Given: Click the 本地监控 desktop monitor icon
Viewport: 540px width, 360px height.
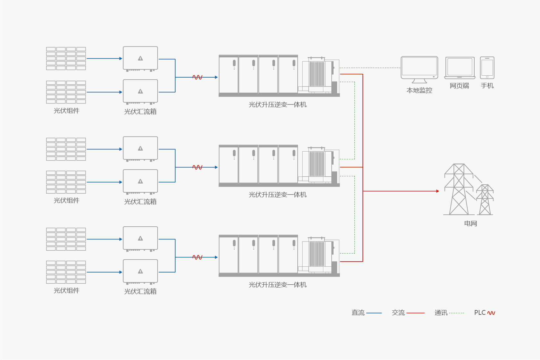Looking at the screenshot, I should point(419,68).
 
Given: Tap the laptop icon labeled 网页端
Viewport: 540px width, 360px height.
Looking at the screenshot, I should point(460,68).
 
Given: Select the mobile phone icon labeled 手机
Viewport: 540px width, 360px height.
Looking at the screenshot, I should point(487,68).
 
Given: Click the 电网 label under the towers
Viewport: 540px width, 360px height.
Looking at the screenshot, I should point(470,223).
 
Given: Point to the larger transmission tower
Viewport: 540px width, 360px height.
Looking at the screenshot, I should point(459,189).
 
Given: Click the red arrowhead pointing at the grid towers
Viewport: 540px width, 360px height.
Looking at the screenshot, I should point(437,191).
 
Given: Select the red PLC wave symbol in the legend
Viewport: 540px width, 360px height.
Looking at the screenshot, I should point(491,313).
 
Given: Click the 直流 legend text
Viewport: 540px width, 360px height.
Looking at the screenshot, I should point(358,313).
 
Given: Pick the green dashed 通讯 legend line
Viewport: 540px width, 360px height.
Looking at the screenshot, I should point(457,313).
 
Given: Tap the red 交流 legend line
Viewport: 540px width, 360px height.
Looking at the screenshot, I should point(415,313).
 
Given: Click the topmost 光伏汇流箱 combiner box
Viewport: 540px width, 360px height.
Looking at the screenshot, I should point(140,58).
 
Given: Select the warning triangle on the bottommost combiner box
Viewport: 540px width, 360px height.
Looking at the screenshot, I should point(140,272).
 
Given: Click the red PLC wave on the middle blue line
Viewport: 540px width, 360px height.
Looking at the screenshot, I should point(197,167).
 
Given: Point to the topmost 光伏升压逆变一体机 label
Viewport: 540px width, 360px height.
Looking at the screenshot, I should point(278,105).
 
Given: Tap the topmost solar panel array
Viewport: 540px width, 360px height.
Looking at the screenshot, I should point(66,58).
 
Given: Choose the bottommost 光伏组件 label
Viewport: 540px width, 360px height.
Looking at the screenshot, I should point(66,290).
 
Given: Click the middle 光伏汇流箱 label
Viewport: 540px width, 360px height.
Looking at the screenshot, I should point(140,202).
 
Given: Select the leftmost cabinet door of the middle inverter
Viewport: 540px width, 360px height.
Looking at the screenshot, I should point(228,165).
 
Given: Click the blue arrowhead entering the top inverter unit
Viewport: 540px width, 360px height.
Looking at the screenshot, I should point(216,77).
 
